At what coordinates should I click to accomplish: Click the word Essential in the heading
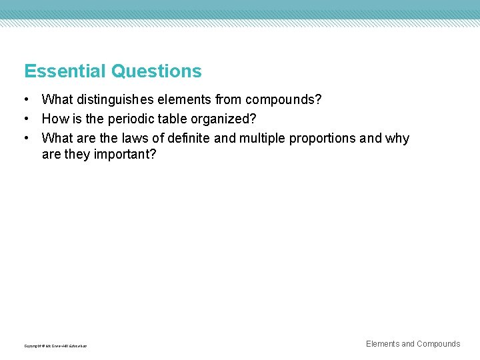point(65,71)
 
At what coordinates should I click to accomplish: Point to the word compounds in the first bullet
point(283,100)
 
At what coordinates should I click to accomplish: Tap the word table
point(173,119)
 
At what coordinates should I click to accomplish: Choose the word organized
point(223,119)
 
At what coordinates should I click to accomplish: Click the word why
point(397,139)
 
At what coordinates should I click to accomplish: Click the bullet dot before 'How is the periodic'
point(25,119)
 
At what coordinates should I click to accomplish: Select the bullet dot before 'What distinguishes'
point(25,100)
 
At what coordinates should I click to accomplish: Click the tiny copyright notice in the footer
point(55,346)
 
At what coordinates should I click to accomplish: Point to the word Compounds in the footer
point(439,344)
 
